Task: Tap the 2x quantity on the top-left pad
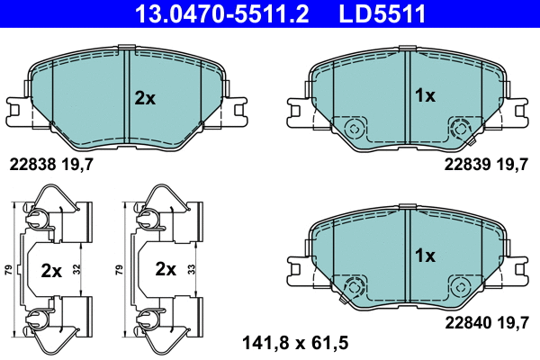coord(145,98)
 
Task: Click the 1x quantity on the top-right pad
coord(424,95)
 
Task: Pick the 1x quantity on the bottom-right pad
coord(424,256)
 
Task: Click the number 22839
coord(466,165)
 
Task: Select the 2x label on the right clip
coord(164,268)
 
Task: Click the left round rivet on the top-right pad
coord(354,126)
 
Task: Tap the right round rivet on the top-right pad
coord(460,126)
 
